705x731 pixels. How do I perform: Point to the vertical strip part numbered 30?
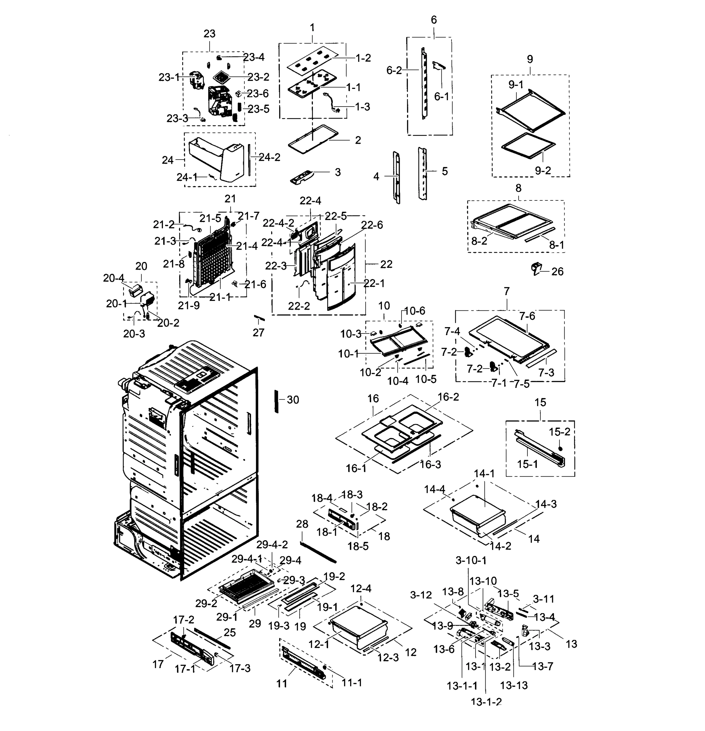pyautogui.click(x=276, y=401)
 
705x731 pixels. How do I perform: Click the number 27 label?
pyautogui.click(x=258, y=332)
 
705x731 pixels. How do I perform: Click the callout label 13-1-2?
pyautogui.click(x=486, y=701)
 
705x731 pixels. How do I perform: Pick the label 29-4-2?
pyautogui.click(x=272, y=545)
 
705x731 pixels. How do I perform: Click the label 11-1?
pyautogui.click(x=352, y=683)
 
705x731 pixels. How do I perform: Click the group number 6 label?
pyautogui.click(x=434, y=20)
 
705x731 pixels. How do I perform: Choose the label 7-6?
pyautogui.click(x=527, y=316)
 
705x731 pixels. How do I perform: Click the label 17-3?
pyautogui.click(x=239, y=668)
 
